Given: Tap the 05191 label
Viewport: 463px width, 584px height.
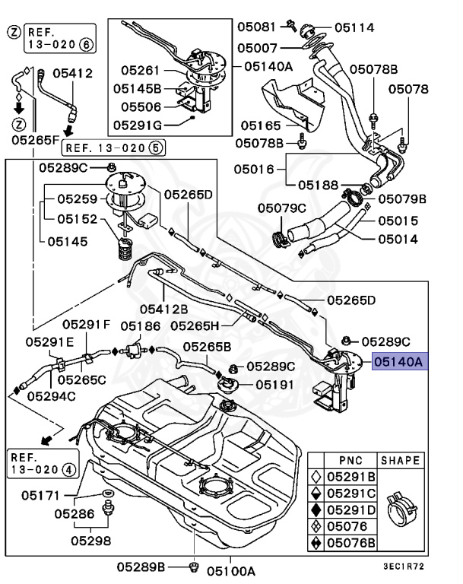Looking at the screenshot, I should [274, 385].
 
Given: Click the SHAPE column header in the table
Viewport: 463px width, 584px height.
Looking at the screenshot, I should [400, 461].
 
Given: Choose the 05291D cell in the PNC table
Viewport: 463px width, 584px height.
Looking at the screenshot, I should [351, 509].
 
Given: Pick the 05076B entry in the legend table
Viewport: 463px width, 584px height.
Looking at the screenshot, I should [351, 543].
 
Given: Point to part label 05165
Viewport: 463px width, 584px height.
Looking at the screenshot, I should [261, 125].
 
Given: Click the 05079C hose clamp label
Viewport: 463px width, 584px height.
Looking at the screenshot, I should [281, 208].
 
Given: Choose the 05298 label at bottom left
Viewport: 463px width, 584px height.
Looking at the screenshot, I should [91, 541].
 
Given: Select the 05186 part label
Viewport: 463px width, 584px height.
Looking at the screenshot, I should [139, 325].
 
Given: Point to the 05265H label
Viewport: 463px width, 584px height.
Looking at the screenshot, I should [195, 325].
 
